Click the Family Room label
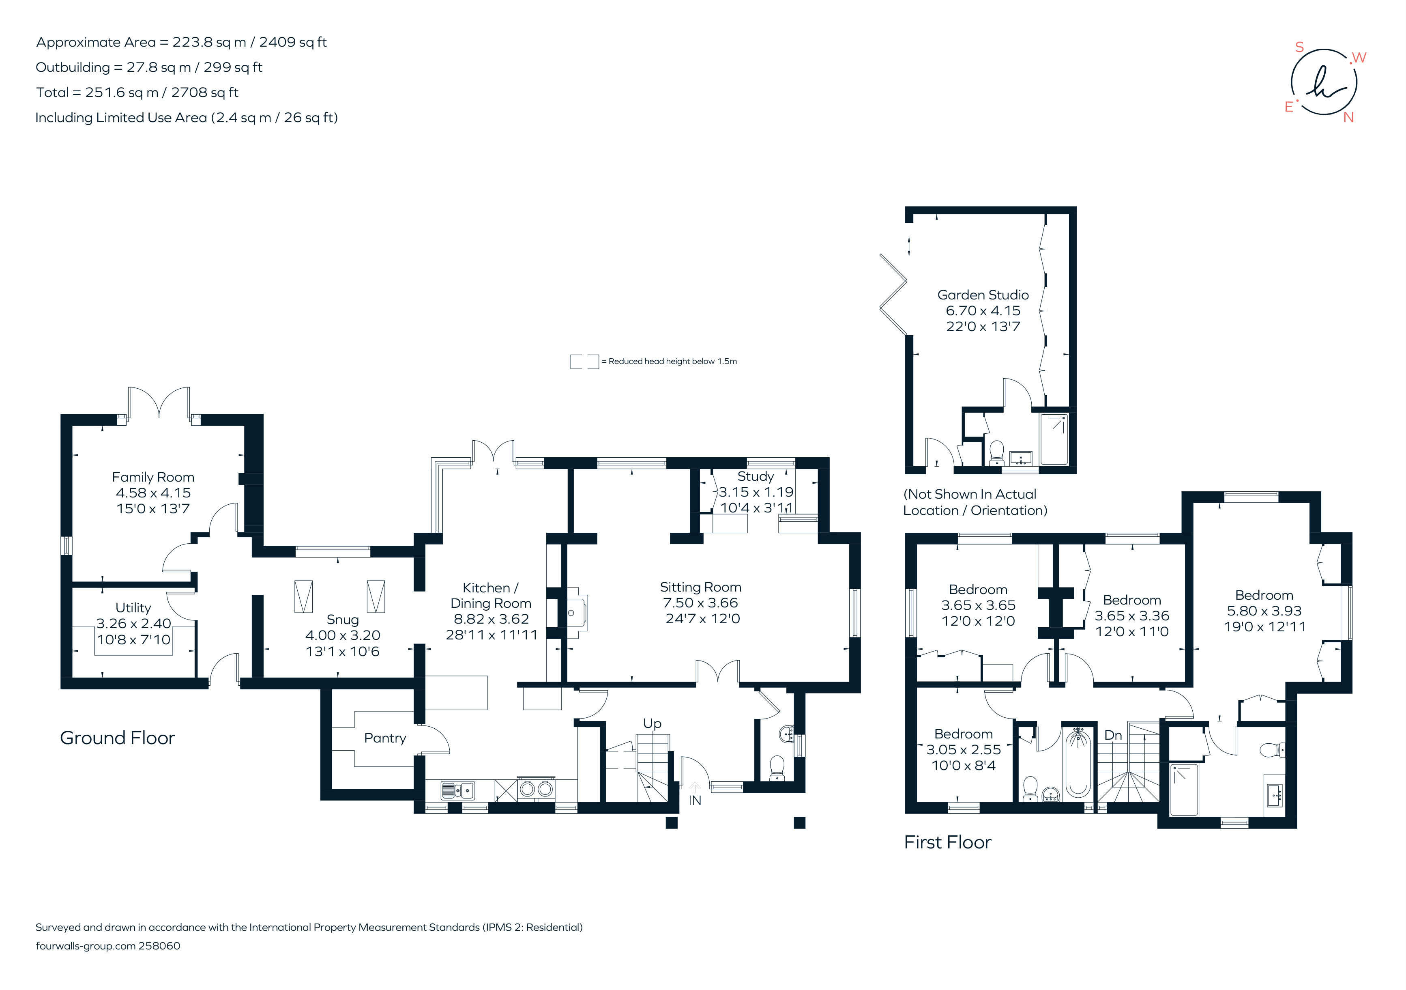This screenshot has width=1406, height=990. point(153,477)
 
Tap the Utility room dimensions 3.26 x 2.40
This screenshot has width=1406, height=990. point(133,624)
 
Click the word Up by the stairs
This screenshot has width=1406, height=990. point(652,723)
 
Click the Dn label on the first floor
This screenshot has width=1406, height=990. point(1113,735)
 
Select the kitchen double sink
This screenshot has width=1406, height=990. point(458,790)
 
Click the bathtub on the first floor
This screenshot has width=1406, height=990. point(1078,763)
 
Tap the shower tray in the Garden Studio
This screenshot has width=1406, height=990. point(1054,439)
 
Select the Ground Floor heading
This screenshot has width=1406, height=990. point(118,738)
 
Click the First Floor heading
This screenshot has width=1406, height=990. point(947,842)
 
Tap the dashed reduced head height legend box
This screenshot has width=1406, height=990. point(584,362)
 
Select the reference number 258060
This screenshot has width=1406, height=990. point(159,946)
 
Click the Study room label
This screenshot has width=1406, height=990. point(755,477)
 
